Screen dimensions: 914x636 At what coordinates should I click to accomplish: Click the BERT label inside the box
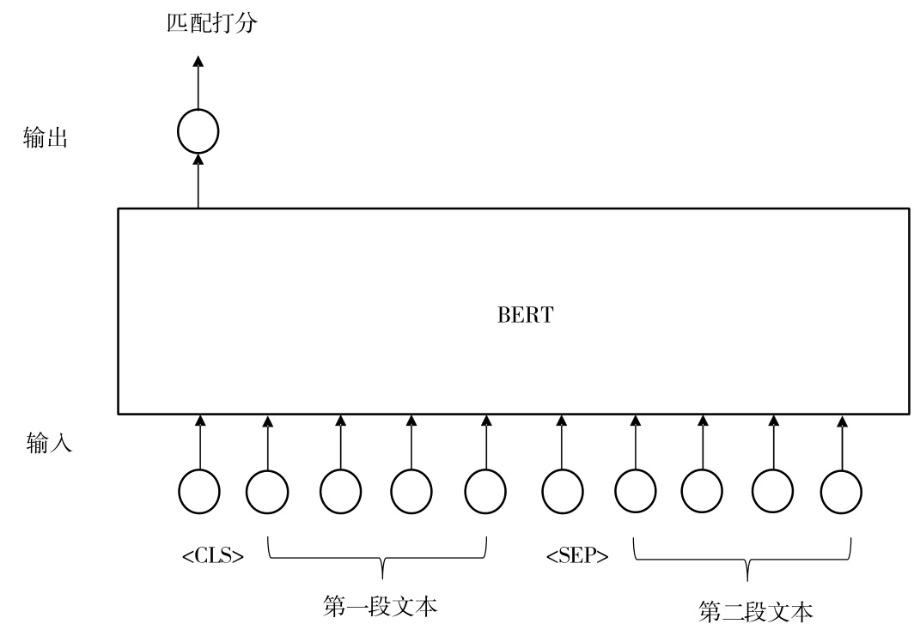525,314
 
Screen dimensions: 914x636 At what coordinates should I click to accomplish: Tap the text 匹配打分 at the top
211,23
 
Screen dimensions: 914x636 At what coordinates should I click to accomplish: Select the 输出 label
46,137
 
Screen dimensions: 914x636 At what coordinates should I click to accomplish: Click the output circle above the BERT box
198,132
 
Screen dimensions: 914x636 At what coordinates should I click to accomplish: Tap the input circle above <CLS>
199,492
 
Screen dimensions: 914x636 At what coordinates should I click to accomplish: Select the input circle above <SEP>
563,492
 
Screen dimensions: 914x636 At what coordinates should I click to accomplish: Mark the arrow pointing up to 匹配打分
198,82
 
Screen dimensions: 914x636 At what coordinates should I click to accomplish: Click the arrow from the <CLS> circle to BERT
199,442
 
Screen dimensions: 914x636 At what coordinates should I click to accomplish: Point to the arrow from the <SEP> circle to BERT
562,442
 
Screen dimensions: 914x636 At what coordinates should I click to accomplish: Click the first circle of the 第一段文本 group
267,492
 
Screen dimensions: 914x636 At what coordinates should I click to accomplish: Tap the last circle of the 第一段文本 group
485,492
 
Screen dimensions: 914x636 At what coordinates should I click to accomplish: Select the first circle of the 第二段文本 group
635,492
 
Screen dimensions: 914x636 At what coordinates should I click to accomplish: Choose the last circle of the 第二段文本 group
841,492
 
